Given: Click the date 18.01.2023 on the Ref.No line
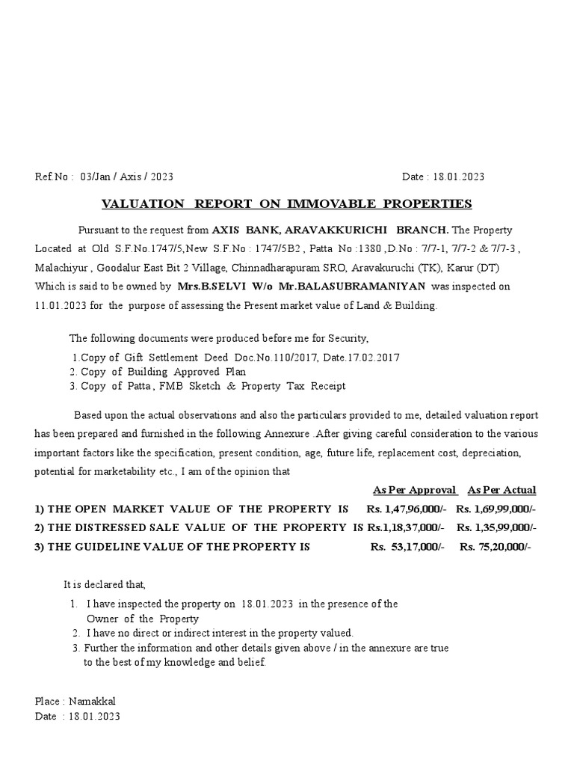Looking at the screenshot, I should click(457, 177).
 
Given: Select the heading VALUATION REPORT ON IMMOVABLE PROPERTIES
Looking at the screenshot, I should click(287, 203).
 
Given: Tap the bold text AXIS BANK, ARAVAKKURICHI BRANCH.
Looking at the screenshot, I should click(330, 230).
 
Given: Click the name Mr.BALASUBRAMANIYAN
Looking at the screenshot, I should click(342, 287).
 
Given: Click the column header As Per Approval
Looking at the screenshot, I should click(415, 490).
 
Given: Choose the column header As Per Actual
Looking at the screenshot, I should click(502, 490).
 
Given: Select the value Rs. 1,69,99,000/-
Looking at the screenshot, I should click(496, 509).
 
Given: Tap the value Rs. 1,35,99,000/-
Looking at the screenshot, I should click(496, 527).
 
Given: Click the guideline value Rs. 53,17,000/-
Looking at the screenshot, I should click(407, 546).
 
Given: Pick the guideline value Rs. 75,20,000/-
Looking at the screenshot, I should click(495, 546).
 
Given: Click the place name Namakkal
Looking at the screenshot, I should click(93, 701).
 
